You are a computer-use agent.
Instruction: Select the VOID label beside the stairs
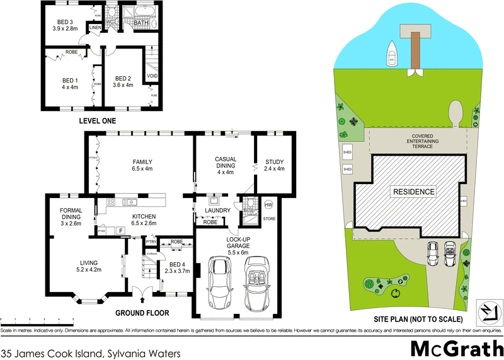click(152, 76)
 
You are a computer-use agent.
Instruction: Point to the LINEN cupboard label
click(95, 28)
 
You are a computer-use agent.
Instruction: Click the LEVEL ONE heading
click(97, 120)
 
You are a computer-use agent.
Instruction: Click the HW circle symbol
click(268, 205)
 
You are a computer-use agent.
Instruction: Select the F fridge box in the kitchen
click(120, 231)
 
